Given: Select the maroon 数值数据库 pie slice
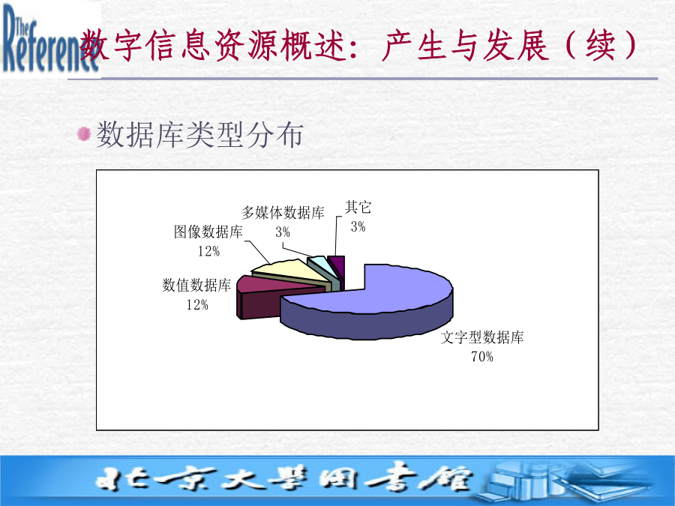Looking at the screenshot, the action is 267,297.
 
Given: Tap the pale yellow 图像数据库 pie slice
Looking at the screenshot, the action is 292,272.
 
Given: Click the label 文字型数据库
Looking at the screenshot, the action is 482,337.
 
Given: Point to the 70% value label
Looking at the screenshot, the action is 482,357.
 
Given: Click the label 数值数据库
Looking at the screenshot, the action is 196,285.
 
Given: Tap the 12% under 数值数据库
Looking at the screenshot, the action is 197,304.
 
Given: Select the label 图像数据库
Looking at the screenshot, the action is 208,232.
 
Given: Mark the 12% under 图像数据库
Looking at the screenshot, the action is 208,251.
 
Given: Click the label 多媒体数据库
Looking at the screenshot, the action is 283,213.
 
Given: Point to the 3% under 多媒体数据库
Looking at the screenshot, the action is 283,232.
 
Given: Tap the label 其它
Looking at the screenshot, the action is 358,208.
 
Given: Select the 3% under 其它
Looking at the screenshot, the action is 358,226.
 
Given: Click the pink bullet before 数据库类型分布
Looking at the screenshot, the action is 84,134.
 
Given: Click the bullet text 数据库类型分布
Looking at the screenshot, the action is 199,135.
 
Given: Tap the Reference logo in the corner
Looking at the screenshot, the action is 50,40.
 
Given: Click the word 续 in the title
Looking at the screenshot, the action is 600,45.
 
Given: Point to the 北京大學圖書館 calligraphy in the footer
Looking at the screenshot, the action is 284,478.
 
